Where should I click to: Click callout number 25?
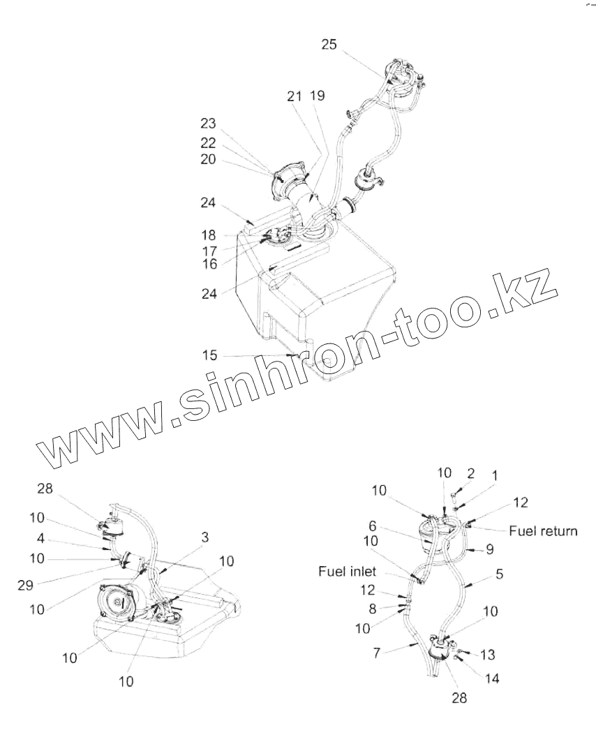(329, 45)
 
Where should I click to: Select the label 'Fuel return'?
(543, 531)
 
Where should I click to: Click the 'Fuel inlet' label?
(348, 572)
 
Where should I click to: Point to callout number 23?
(208, 124)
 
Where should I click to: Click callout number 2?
(470, 473)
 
